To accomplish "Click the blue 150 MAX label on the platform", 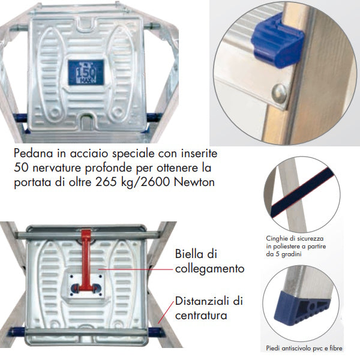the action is tap(86, 73).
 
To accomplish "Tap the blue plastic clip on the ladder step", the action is tap(278, 42).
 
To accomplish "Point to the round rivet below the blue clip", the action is tap(280, 93).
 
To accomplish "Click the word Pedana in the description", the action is tap(34, 153).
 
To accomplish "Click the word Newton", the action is tap(194, 182).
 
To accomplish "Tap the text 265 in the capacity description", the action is tap(107, 182).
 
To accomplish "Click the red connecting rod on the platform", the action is tap(86, 261).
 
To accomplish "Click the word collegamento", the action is tap(209, 268).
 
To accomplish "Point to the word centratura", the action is tap(201, 315).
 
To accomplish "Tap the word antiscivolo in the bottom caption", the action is tap(295, 348).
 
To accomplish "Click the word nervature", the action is tap(57, 168).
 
